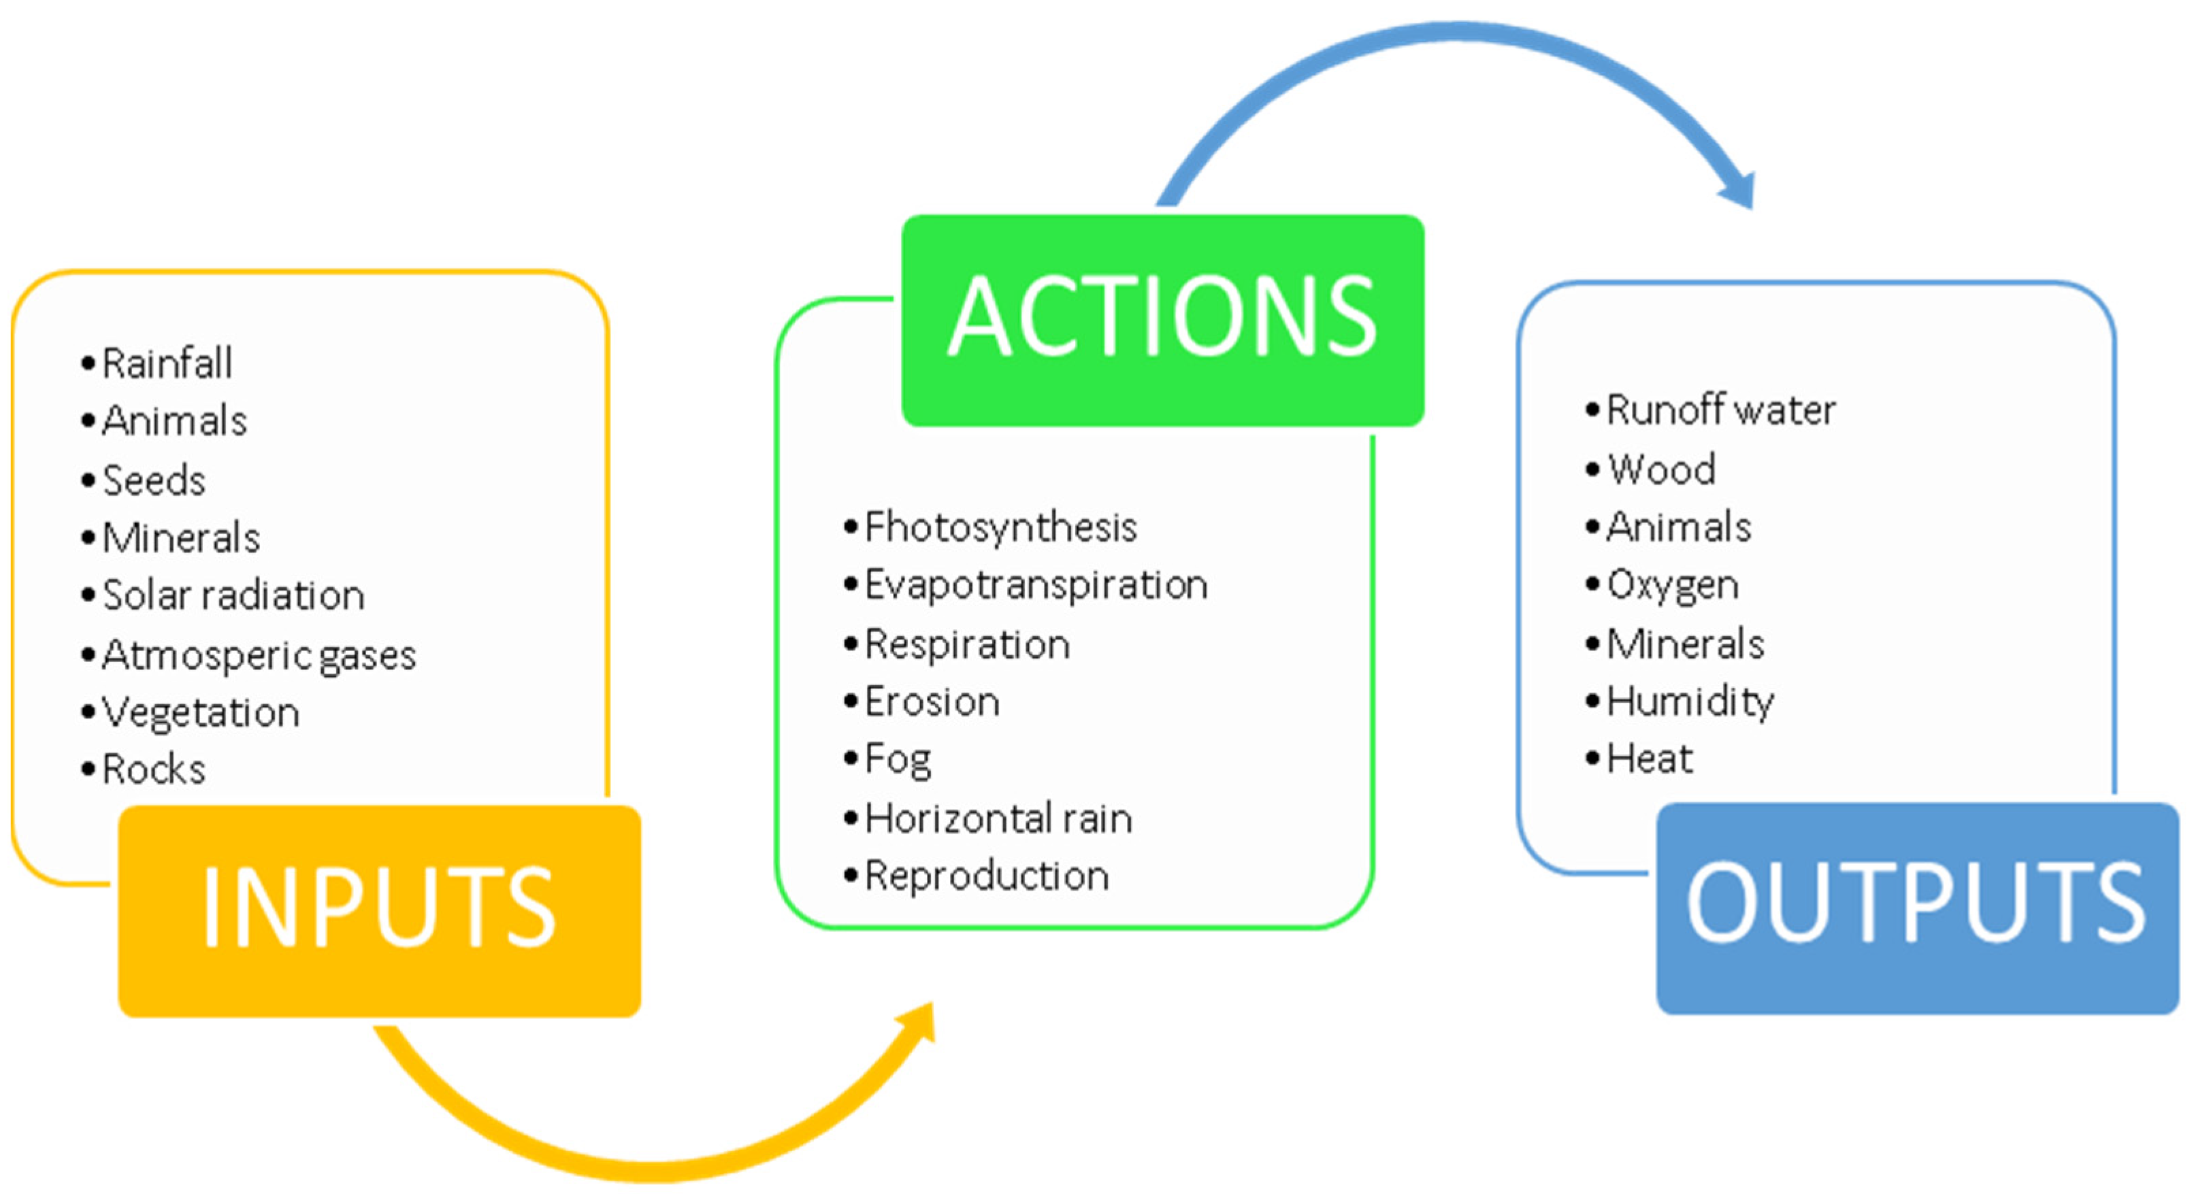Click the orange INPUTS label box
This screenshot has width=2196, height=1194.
pyautogui.click(x=379, y=910)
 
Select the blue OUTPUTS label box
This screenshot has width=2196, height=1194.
pyautogui.click(x=1916, y=908)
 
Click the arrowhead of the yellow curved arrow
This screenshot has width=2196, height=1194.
pyautogui.click(x=921, y=1023)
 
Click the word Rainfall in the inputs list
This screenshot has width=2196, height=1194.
pyautogui.click(x=167, y=364)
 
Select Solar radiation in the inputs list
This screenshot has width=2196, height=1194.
pyautogui.click(x=233, y=595)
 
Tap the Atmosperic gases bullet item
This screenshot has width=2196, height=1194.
pyautogui.click(x=259, y=655)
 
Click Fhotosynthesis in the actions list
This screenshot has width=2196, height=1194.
pyautogui.click(x=1001, y=527)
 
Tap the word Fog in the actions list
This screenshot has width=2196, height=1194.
pyautogui.click(x=898, y=759)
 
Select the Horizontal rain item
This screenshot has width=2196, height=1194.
pyautogui.click(x=998, y=818)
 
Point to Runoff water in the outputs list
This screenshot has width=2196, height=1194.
pyautogui.click(x=1720, y=410)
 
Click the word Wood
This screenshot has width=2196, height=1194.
pyautogui.click(x=1660, y=469)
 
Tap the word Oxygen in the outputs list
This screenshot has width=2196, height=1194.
pyautogui.click(x=1672, y=586)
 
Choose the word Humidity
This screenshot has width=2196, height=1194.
pyautogui.click(x=1690, y=702)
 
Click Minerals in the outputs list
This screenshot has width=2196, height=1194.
pyautogui.click(x=1684, y=644)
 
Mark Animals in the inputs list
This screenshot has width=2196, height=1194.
pyautogui.click(x=175, y=421)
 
